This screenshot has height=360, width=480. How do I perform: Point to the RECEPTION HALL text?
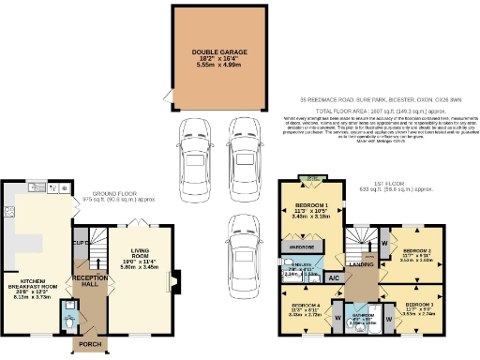coord(91,281)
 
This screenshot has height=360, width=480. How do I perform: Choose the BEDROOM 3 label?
coord(419,306)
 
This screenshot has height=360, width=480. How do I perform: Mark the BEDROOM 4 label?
coord(305,306)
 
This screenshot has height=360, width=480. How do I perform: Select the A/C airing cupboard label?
coord(334,277)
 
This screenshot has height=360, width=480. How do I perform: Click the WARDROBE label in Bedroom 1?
coord(302,247)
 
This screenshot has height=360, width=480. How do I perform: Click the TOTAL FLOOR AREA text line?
coord(372,109)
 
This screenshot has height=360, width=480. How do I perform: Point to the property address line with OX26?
coord(372,97)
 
